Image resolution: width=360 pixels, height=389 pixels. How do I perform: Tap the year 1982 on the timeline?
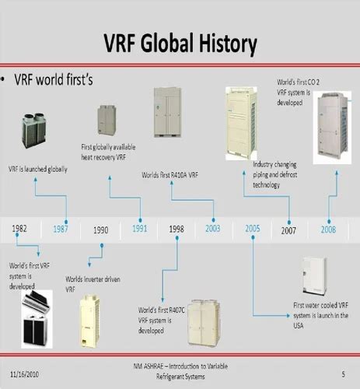[x=19, y=229]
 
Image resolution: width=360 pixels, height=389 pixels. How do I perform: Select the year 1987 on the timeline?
[x=61, y=229]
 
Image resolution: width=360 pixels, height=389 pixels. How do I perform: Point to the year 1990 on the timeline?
[x=100, y=230]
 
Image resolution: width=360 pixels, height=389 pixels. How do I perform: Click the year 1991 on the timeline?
[x=140, y=229]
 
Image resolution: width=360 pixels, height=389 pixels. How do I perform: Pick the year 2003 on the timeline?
[x=213, y=229]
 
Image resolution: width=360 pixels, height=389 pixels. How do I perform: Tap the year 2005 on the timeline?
[x=253, y=229]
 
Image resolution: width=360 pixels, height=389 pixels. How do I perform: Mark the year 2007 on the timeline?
[x=288, y=230]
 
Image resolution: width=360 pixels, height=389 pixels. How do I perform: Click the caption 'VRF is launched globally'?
[x=37, y=168]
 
